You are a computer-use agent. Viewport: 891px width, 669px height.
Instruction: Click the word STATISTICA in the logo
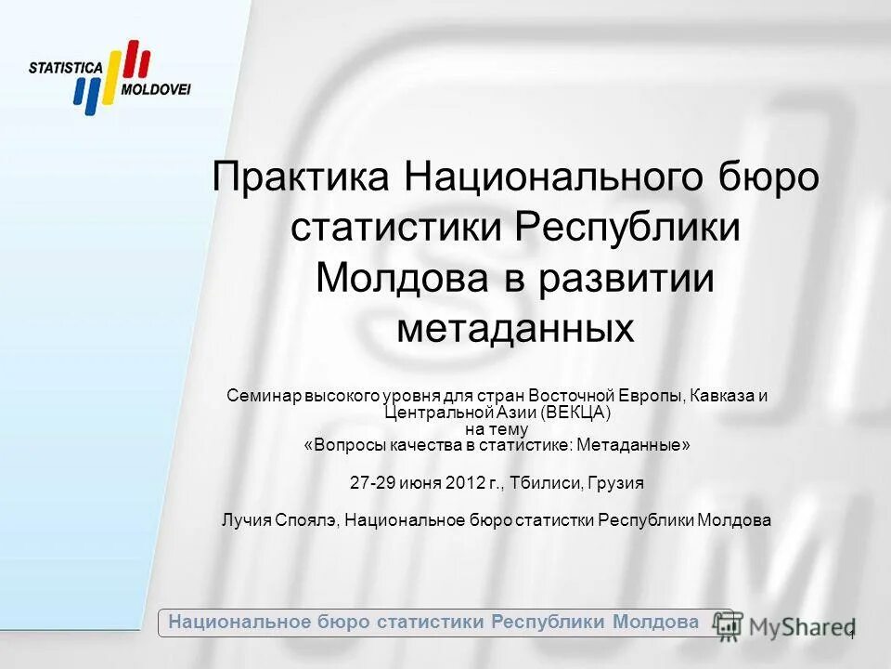click(x=65, y=68)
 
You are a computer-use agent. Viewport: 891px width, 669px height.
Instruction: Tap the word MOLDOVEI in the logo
click(x=156, y=90)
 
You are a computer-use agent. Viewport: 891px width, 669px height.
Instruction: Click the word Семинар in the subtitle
click(x=261, y=396)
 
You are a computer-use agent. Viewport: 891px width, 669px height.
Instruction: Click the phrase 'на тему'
click(x=496, y=428)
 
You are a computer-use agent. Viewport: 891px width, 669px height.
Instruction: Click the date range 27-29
click(x=368, y=484)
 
